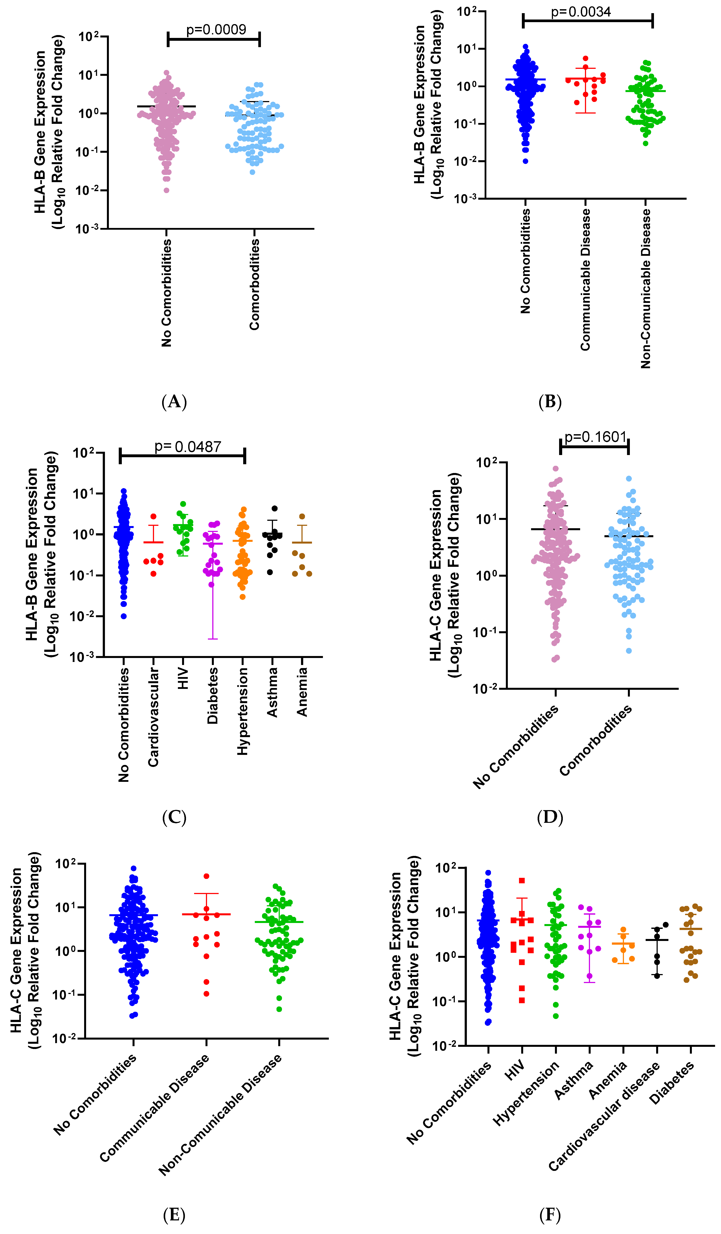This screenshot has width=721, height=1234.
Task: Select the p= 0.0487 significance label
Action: [188, 447]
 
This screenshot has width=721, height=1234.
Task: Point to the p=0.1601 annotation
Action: [595, 437]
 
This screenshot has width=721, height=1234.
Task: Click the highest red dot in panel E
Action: [207, 876]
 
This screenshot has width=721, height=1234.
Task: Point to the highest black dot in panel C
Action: [275, 508]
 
